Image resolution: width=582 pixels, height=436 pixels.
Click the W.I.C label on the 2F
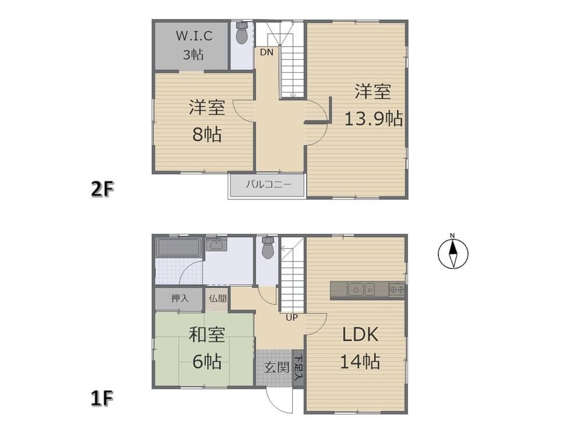(x=194, y=36)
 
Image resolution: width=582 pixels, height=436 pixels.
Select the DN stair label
(x=266, y=52)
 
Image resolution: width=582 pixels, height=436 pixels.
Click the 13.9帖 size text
(x=374, y=119)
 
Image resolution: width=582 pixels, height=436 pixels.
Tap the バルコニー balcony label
(x=268, y=184)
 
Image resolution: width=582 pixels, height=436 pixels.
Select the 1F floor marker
(x=102, y=399)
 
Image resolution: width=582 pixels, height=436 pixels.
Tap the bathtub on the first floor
(x=179, y=248)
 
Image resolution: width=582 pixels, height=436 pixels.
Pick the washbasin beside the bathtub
(x=216, y=244)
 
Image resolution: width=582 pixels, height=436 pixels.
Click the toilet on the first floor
(x=268, y=248)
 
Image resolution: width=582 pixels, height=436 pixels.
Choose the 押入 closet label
(x=180, y=298)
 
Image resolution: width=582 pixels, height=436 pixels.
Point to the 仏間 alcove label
(x=218, y=298)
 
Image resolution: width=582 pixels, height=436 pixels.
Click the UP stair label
(x=292, y=318)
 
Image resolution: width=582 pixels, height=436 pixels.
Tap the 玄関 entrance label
(x=276, y=367)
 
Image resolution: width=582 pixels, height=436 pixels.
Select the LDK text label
(x=360, y=335)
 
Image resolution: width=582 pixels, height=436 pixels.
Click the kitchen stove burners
(x=396, y=290)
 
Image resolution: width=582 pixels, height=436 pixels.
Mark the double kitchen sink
(x=362, y=289)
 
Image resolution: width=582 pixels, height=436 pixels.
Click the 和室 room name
(x=207, y=334)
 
